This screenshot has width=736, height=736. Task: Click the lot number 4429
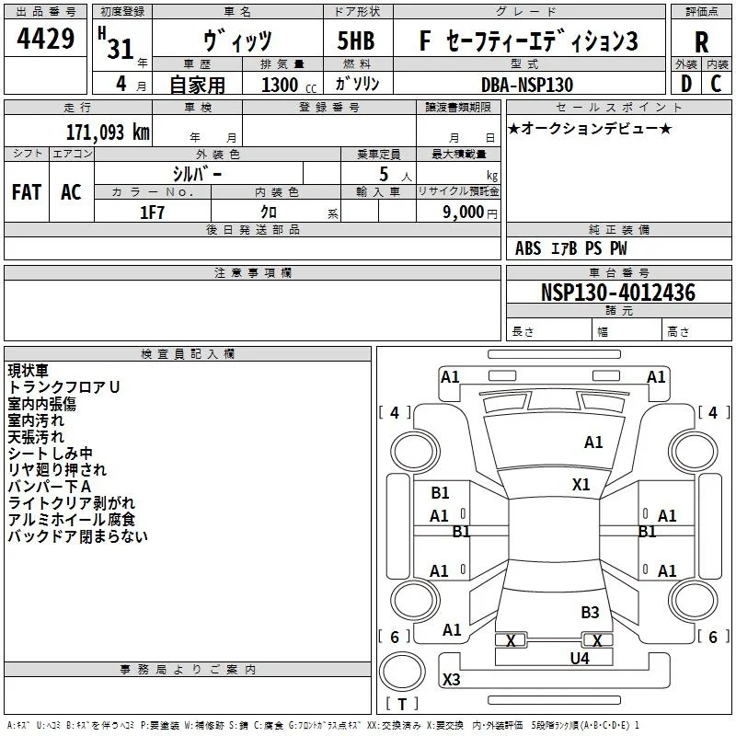[x=45, y=38]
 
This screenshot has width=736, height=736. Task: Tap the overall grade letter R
[x=701, y=41]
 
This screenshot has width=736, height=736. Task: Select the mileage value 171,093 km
[x=108, y=132]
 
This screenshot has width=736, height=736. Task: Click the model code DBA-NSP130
[x=527, y=85]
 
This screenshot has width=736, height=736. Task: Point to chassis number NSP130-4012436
[x=618, y=292]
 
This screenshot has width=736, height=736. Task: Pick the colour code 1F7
[x=152, y=213]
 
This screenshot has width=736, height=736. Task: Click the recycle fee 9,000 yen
[x=470, y=213]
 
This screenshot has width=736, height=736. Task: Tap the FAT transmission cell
[x=27, y=192]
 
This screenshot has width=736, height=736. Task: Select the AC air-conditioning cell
[x=71, y=192]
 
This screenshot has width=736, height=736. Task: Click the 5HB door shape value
[x=356, y=40]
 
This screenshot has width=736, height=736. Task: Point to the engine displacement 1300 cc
[x=289, y=85]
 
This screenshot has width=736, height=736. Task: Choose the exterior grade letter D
[x=686, y=84]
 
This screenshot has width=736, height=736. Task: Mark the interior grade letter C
[x=716, y=84]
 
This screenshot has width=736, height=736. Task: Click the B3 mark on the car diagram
[x=590, y=613]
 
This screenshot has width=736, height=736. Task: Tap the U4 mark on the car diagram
[x=580, y=659]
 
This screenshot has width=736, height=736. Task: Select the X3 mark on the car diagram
[x=451, y=679]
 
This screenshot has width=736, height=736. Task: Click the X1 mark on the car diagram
[x=581, y=485]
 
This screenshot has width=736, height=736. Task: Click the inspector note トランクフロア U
[x=63, y=387]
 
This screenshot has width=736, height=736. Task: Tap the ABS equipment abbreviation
[x=528, y=248]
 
